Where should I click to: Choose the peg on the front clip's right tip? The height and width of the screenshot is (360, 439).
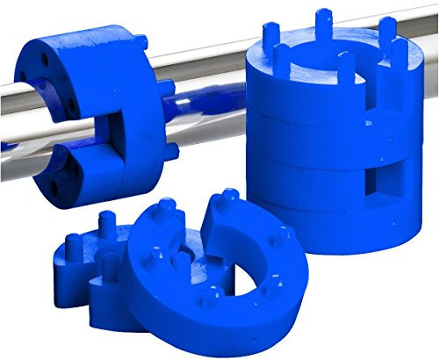click(230, 195)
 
